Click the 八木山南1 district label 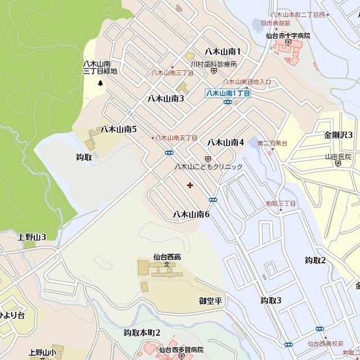(223, 52)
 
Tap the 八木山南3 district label (166, 98)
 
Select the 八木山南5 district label (119, 129)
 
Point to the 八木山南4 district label (226, 142)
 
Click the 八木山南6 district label (191, 214)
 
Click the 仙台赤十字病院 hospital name (288, 35)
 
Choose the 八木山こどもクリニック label (208, 167)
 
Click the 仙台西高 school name (167, 256)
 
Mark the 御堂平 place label (210, 300)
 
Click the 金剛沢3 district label (338, 135)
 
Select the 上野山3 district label (31, 237)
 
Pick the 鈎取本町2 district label (142, 332)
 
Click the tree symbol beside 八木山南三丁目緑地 (101, 84)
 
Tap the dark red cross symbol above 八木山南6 (190, 184)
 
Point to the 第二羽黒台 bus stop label (272, 144)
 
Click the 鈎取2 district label (316, 260)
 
